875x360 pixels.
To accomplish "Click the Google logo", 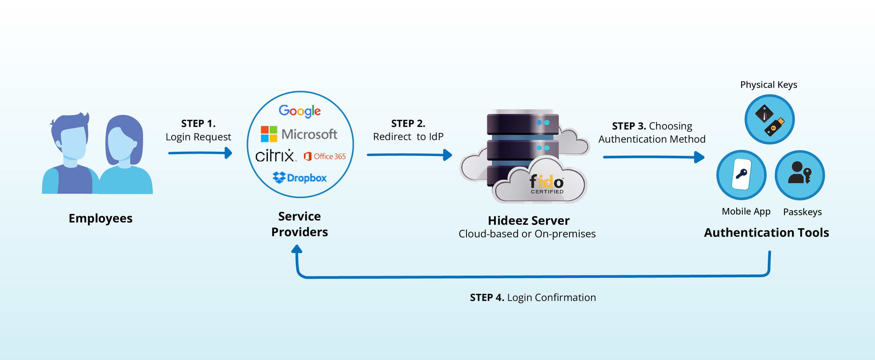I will tap(300, 111).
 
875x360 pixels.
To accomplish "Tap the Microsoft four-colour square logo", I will tap(269, 134).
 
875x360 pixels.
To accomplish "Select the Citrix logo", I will tap(275, 156).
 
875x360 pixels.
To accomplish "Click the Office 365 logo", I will tap(325, 156).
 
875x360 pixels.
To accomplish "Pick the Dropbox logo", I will tap(300, 178).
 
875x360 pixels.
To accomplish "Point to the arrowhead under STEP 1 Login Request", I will tap(229, 153).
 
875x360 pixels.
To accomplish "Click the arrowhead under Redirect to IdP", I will tap(448, 155).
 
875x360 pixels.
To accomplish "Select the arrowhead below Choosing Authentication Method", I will tap(699, 157).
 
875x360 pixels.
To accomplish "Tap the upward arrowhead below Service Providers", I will tap(297, 250).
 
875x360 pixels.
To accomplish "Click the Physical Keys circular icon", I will tap(769, 120).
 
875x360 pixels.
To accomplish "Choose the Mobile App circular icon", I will tap(741, 175).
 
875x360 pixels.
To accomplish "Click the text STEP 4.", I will tap(487, 298).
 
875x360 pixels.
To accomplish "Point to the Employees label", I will tap(101, 218).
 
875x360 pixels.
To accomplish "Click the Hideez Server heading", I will tap(528, 221).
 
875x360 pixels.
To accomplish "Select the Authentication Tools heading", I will tap(766, 233).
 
